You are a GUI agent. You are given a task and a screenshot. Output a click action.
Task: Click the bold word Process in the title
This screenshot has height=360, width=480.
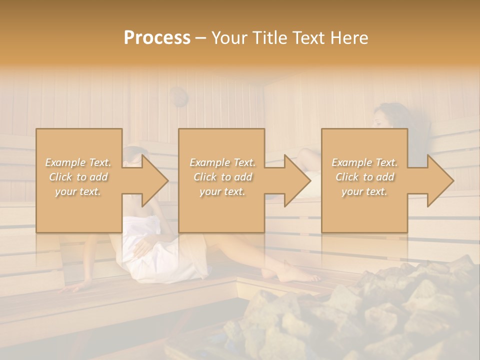157,38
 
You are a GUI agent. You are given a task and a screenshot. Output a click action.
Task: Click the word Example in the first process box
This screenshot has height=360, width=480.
64,162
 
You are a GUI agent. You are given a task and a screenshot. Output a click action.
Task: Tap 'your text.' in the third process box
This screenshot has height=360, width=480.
364,191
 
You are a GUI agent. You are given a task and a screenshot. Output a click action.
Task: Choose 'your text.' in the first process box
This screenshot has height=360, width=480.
78,191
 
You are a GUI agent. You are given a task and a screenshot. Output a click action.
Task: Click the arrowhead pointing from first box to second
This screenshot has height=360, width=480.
156,180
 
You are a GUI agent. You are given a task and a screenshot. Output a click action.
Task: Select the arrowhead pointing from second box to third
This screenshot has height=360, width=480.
298,180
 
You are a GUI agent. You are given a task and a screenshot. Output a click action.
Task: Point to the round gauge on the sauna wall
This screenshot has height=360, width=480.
178,96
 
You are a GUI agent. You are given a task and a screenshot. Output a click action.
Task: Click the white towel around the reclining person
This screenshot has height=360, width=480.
165,255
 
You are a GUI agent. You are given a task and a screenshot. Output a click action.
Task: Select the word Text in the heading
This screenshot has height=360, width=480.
309,38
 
